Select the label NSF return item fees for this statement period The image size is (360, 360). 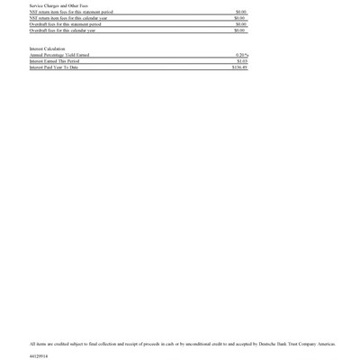(x=71, y=12)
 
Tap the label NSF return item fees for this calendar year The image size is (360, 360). (x=68, y=18)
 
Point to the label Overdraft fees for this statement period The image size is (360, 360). (x=65, y=24)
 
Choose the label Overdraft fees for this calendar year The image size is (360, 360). (x=62, y=31)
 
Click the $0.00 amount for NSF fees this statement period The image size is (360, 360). (x=240, y=12)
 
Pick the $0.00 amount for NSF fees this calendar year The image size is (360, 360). (x=240, y=18)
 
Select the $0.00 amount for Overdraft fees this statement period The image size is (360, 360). (x=240, y=24)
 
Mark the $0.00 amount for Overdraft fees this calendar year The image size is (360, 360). (x=240, y=31)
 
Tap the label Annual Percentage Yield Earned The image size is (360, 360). (x=59, y=55)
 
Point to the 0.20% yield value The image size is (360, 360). (x=241, y=55)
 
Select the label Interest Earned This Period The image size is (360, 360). (x=55, y=61)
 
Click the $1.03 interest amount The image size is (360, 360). (x=241, y=61)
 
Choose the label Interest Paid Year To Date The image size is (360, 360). (x=54, y=67)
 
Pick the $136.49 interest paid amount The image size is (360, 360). (x=238, y=67)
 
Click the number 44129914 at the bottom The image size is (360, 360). (x=39, y=355)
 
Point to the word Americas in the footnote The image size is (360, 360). (x=326, y=344)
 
